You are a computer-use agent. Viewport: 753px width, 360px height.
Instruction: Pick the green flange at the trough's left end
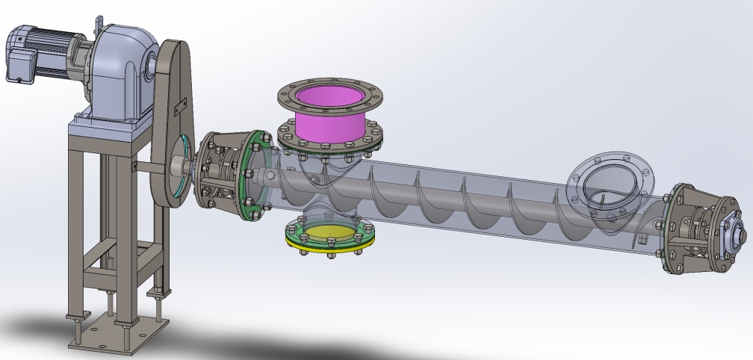[255, 176]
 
